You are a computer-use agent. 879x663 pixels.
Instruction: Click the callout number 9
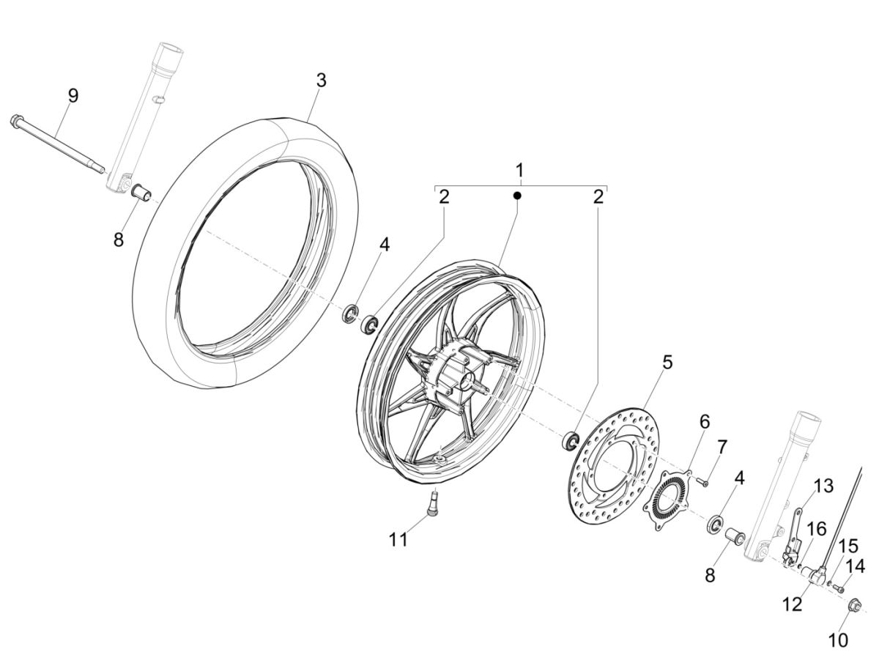73,95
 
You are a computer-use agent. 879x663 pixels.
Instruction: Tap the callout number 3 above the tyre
321,81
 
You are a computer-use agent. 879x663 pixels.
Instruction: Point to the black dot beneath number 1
517,196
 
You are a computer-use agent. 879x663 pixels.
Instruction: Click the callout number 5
667,362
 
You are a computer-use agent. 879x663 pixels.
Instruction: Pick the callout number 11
398,540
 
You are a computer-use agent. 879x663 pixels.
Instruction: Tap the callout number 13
823,486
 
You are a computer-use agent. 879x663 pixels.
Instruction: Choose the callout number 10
838,639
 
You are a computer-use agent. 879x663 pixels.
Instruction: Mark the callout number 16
815,530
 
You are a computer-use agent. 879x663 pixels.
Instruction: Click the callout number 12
792,604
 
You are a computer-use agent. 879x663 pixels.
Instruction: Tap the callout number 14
855,566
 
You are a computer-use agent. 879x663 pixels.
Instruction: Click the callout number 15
848,546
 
